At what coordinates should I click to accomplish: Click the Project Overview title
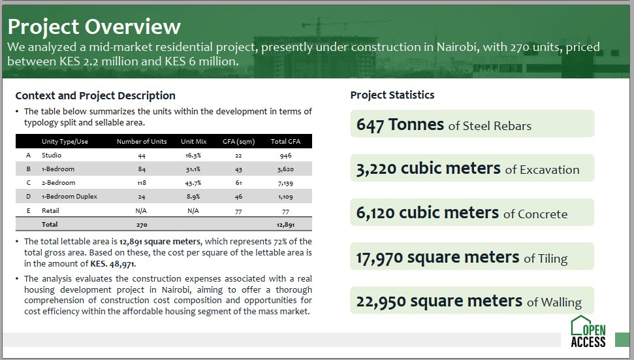tap(95, 27)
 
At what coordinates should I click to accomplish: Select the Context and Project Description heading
tap(95, 95)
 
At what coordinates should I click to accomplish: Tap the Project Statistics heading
tap(392, 95)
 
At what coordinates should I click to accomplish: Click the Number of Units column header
tap(142, 142)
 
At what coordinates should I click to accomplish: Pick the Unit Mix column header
tap(193, 142)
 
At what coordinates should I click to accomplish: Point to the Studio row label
tap(52, 155)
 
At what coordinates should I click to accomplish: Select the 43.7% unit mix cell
tap(193, 183)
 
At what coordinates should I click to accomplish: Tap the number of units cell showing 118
tap(142, 183)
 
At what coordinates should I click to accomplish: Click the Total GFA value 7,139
tap(282, 183)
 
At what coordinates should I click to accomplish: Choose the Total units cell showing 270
tap(142, 224)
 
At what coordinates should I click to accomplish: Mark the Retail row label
tap(50, 210)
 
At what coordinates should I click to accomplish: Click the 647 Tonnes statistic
tap(400, 125)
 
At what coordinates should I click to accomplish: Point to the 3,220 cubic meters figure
tap(428, 169)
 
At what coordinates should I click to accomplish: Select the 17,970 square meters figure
tap(437, 257)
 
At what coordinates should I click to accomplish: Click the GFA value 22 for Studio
tap(238, 155)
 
